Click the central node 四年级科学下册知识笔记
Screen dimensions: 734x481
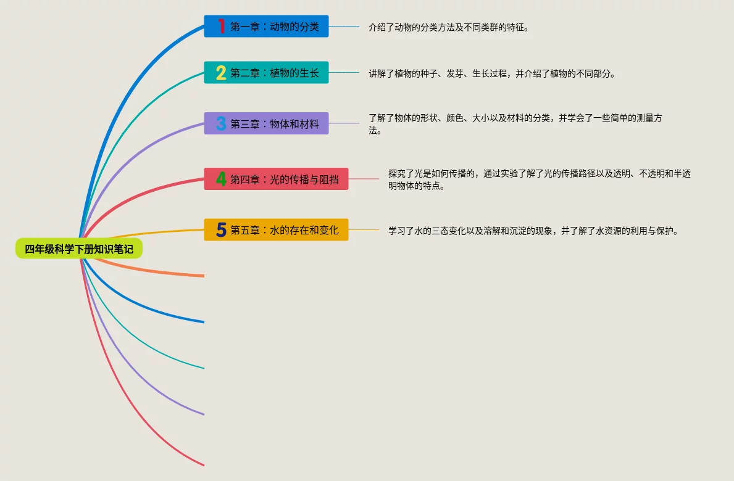point(79,249)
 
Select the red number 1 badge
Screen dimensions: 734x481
point(221,27)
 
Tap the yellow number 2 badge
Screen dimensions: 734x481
point(221,73)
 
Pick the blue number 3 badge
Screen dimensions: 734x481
point(221,123)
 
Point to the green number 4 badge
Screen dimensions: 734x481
point(221,179)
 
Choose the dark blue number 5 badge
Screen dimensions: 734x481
point(221,230)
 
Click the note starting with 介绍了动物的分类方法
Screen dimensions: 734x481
point(449,27)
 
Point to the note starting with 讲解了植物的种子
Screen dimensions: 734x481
point(492,73)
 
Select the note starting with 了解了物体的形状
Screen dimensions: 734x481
point(515,124)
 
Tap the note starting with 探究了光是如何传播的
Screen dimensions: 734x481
point(539,179)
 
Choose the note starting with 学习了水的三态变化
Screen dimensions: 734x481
point(533,231)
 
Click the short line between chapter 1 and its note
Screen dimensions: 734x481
point(344,27)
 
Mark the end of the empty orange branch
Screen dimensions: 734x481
point(203,276)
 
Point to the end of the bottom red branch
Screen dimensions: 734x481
point(203,464)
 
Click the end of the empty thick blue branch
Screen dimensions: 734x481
point(203,322)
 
